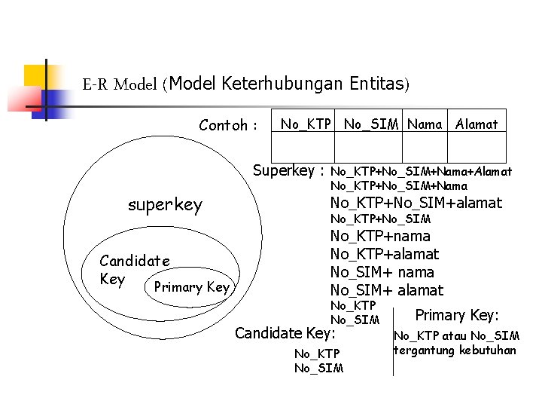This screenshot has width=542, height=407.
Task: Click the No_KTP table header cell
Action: tap(306, 124)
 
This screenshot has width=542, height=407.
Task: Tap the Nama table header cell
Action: tap(425, 124)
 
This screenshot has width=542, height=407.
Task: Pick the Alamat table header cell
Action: tap(477, 124)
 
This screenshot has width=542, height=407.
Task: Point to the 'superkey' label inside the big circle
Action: tap(165, 205)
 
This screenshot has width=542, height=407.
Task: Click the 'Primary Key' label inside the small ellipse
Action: tap(191, 287)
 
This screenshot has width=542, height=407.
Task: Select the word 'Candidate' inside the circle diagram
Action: tap(135, 262)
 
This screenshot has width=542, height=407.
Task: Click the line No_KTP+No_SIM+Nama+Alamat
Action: tap(422, 171)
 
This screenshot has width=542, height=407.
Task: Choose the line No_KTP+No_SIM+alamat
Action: tap(416, 202)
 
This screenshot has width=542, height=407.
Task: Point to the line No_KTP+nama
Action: tap(381, 236)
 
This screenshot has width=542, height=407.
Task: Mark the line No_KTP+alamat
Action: tap(385, 254)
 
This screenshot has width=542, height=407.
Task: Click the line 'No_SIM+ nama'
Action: tap(382, 272)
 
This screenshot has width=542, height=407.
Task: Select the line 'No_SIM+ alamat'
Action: tap(387, 290)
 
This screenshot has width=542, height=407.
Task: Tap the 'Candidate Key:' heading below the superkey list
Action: tap(285, 332)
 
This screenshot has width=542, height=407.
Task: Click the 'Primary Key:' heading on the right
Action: tap(458, 315)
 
